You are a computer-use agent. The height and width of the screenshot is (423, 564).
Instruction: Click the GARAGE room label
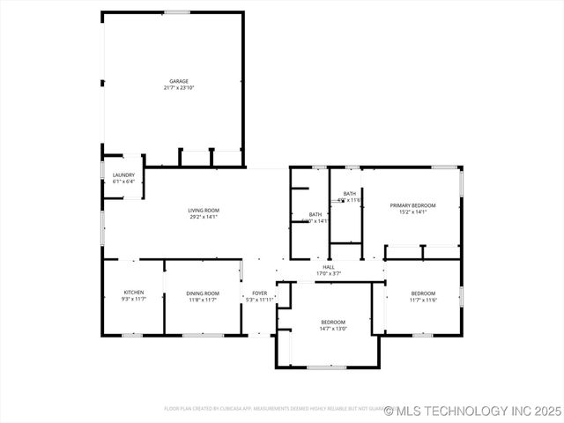(x=179, y=81)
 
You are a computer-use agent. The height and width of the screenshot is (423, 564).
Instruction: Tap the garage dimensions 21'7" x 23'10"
(x=179, y=88)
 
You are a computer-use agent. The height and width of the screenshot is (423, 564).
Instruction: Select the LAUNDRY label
(x=123, y=174)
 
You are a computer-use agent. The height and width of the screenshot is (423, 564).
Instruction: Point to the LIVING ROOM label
(x=204, y=210)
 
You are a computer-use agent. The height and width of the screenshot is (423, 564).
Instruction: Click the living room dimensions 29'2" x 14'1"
(x=204, y=217)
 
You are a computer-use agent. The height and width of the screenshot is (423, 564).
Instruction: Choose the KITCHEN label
(x=134, y=293)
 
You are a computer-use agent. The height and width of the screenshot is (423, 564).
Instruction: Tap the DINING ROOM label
(x=203, y=293)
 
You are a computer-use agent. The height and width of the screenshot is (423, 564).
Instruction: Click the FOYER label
(x=259, y=293)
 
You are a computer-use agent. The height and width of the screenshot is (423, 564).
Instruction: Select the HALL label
(x=329, y=267)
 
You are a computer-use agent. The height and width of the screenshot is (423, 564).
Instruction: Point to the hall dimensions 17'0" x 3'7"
(x=329, y=274)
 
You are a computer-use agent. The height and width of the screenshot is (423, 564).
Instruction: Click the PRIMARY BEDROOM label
(x=413, y=204)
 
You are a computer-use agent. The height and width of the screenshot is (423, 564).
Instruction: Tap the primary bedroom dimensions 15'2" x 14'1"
(x=413, y=211)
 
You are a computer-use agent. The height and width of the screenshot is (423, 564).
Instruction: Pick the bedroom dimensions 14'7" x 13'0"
(x=333, y=329)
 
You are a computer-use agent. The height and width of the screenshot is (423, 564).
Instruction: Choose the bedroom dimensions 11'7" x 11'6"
(x=423, y=300)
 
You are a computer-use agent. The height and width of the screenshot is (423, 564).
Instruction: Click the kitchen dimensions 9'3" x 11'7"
(x=134, y=300)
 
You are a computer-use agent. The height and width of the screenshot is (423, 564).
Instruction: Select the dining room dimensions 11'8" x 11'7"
(x=203, y=300)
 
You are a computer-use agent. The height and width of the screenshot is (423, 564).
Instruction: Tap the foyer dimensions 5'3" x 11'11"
(x=259, y=300)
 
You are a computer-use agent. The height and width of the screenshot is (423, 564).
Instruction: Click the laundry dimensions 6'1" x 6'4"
(x=123, y=182)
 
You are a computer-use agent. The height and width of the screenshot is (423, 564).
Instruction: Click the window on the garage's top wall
(x=176, y=12)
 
